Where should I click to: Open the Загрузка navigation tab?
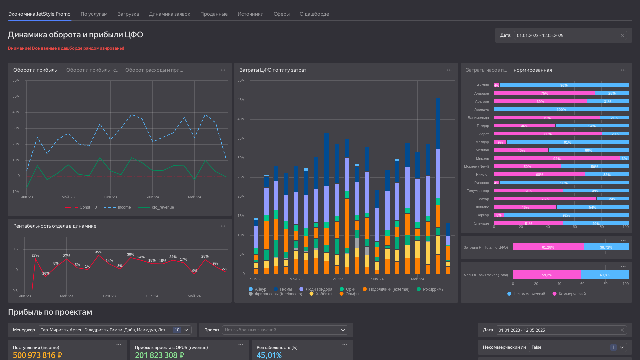coord(128,14)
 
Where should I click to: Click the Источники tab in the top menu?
coord(250,14)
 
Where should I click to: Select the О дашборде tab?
coord(314,14)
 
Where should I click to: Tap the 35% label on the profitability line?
coord(99,252)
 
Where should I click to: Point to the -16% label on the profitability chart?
coord(45,273)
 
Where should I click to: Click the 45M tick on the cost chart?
coord(241,100)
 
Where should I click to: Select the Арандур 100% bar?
coord(561,109)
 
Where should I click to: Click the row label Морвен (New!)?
coord(476,166)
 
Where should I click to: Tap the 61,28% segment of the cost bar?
coord(548,247)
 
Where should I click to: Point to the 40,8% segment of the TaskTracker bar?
coord(605,275)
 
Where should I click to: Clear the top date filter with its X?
coord(622,35)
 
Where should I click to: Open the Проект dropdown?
coord(285,330)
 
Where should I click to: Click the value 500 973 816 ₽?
coord(37,355)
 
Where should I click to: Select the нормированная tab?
coord(533,70)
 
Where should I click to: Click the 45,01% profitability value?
coord(269,355)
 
